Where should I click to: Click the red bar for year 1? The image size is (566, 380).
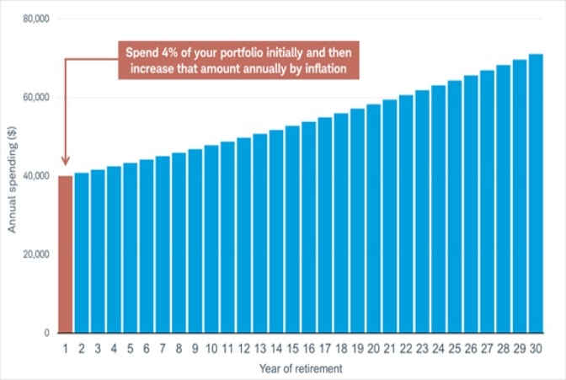pos(65,254)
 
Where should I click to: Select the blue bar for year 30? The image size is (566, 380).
pos(536,194)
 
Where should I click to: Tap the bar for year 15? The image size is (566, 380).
pos(292,229)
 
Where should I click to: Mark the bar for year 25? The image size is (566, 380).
pos(455,207)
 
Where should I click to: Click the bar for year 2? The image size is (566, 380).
pos(82,253)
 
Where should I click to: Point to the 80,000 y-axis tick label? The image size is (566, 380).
pos(33,19)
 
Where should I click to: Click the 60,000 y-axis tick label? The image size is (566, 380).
pos(33,98)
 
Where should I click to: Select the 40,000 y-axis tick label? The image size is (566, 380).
pos(33,176)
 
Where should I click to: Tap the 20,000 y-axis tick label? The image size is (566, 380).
pos(33,254)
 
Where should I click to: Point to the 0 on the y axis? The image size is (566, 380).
pos(45,333)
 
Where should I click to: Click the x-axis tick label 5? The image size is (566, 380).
pos(131,347)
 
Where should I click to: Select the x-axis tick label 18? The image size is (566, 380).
pos(341,347)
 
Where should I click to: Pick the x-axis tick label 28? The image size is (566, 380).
pos(503,347)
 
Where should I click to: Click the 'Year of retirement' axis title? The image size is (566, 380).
pos(301,368)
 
